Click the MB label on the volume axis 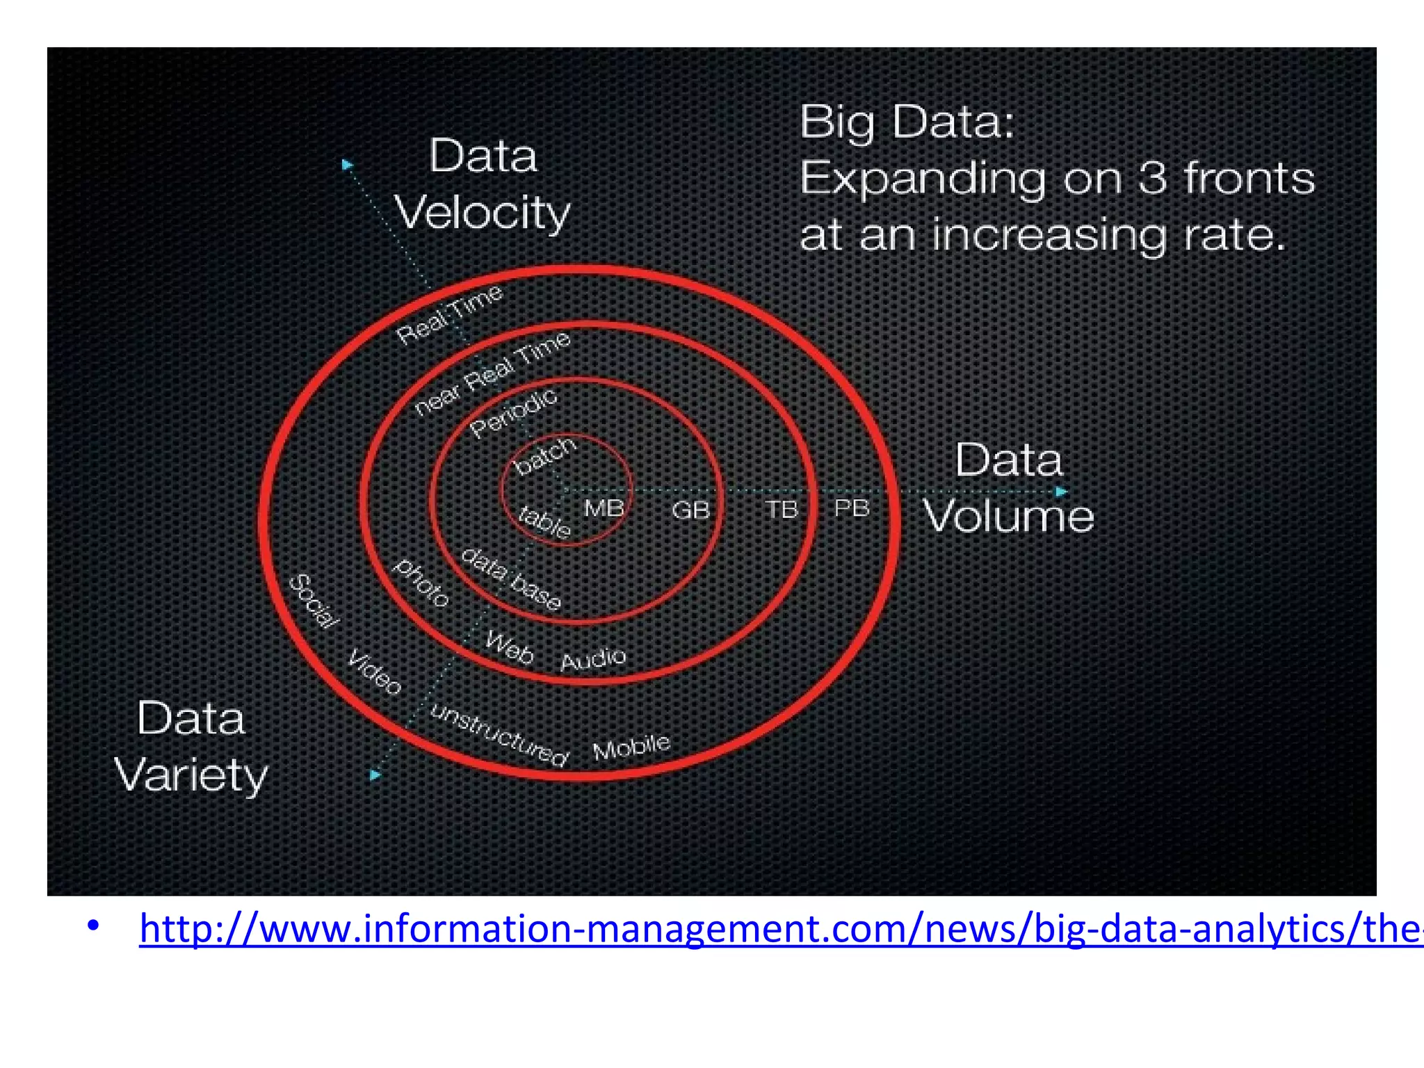(x=604, y=508)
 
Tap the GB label (x=690, y=510)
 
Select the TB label (x=782, y=510)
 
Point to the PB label (x=852, y=508)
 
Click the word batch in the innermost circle (x=546, y=455)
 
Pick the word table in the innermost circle (x=545, y=521)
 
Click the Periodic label (x=514, y=413)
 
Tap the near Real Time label (x=492, y=373)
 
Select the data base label (x=511, y=578)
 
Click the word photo (x=421, y=583)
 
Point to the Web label (x=509, y=647)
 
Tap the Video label (x=375, y=672)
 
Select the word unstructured (x=499, y=735)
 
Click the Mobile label (x=631, y=747)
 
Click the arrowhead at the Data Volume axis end (x=1061, y=492)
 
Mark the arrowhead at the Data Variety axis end (x=375, y=775)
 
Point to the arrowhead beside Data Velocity (x=347, y=165)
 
